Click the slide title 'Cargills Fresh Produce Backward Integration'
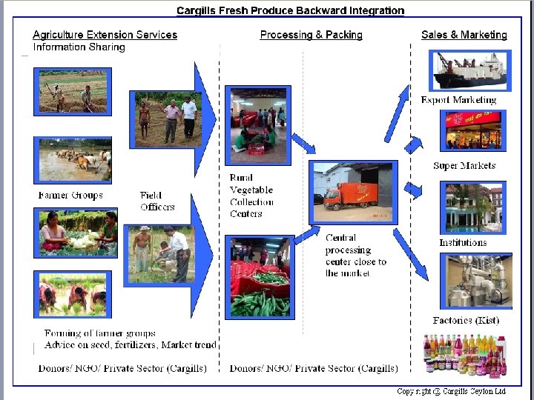pos(291,10)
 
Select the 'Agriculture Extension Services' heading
pos(105,35)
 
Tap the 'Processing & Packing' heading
pos(311,35)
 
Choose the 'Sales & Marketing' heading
pos(464,35)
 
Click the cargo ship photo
pos(471,71)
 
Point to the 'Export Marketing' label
pos(458,100)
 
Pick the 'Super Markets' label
pos(464,166)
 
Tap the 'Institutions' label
pos(463,242)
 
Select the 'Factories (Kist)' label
pos(466,321)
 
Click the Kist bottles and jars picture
pos(465,354)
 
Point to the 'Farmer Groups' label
pos(70,196)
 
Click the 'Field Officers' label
pos(157,201)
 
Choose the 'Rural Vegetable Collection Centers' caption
pos(251,196)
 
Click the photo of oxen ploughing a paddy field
pos(74,160)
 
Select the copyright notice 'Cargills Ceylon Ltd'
pos(451,391)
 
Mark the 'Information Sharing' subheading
pos(79,47)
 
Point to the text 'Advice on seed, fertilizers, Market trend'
pos(131,345)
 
